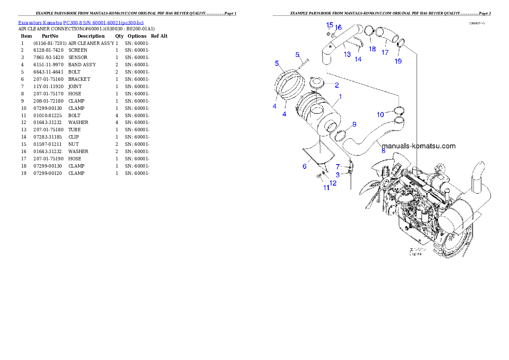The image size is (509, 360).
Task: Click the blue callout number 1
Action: click(340, 97)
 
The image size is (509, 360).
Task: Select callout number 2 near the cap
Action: click(337, 85)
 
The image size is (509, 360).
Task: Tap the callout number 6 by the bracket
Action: click(305, 166)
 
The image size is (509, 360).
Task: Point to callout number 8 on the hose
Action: click(383, 150)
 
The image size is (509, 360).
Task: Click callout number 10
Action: click(380, 115)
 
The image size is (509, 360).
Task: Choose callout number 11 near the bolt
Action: click(326, 187)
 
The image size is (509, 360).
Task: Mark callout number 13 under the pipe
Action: click(347, 54)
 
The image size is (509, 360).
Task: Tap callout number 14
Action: click(358, 59)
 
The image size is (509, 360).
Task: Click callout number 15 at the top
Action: click(330, 25)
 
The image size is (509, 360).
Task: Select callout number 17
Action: click(385, 52)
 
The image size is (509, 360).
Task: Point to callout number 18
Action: click(372, 49)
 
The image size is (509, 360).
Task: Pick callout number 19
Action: click(398, 61)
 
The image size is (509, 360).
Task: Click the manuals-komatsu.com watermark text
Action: click(418, 146)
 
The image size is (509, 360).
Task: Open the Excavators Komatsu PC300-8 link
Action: click(81, 22)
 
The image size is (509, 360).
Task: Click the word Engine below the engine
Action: click(415, 254)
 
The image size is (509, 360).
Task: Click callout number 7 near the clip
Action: click(337, 166)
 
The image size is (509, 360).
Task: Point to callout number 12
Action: click(333, 183)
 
